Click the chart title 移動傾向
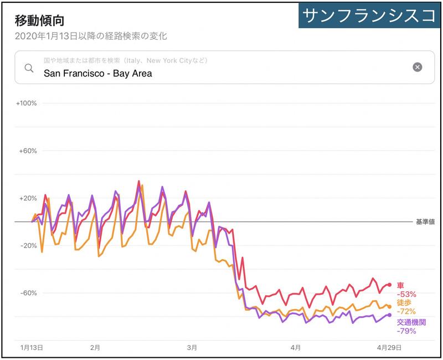click(x=40, y=21)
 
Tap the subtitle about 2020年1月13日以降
click(x=91, y=37)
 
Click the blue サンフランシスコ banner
click(x=370, y=16)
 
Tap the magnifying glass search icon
click(x=29, y=68)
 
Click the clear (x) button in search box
click(x=418, y=67)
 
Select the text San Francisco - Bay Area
click(x=97, y=73)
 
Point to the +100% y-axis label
click(x=27, y=104)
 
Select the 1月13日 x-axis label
click(x=32, y=348)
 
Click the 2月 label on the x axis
click(x=95, y=348)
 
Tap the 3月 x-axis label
click(x=192, y=348)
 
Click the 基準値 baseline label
click(x=425, y=222)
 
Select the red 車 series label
click(x=400, y=285)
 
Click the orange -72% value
click(x=406, y=312)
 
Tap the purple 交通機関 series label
click(x=411, y=322)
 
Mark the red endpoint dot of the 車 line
click(x=390, y=285)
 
